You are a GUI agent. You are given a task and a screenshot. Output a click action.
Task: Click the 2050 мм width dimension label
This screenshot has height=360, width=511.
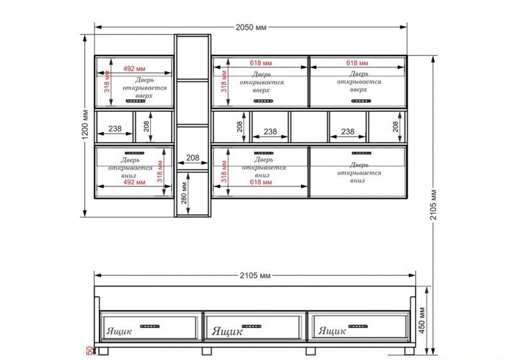[251, 27]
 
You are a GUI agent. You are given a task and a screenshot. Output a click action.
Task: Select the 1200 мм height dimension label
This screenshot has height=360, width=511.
[85, 124]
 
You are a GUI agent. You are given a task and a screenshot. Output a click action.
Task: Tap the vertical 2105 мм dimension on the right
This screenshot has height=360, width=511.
[434, 205]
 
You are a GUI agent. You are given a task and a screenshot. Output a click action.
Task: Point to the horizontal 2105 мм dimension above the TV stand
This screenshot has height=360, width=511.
[255, 276]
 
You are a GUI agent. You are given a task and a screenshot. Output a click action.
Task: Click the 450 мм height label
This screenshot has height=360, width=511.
[422, 320]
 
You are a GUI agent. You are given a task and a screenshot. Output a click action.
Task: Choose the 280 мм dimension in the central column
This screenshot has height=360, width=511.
[184, 193]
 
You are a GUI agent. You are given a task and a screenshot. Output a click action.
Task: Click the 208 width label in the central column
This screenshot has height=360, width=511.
[193, 158]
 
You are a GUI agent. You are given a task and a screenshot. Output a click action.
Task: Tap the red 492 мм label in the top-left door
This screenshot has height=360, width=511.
[134, 69]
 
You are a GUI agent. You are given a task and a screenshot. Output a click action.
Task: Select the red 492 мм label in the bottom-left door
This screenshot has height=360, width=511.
[134, 182]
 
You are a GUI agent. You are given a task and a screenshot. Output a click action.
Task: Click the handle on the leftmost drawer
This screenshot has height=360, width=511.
[150, 326]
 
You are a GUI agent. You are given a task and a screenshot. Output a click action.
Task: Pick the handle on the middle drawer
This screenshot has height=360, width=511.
[251, 326]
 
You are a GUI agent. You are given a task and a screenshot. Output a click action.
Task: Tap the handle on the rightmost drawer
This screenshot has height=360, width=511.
[358, 326]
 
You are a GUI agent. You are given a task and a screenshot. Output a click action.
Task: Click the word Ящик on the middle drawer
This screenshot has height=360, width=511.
[227, 332]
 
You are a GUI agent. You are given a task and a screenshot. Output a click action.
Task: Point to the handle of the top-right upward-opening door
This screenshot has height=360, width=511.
[361, 101]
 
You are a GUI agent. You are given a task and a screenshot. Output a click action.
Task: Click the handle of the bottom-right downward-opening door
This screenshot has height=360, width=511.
[362, 153]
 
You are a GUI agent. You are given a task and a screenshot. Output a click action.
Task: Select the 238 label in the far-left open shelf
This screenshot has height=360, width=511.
[115, 129]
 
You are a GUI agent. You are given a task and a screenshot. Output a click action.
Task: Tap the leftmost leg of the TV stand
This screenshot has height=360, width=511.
[103, 351]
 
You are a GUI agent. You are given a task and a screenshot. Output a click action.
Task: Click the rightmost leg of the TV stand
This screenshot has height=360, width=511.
[409, 351]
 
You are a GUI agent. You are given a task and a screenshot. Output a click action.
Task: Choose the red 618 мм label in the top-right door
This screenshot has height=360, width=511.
[357, 63]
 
